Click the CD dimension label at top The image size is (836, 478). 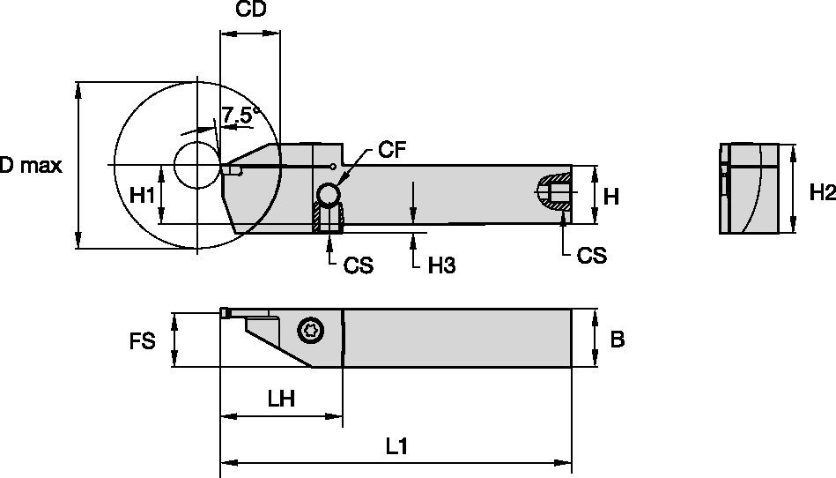point(251,11)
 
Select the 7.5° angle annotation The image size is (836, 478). point(240,115)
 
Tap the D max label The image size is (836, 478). point(31,166)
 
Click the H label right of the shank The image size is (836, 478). point(610,197)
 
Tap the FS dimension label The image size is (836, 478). point(142,340)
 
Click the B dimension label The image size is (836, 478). point(617,340)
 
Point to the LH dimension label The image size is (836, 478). point(280,399)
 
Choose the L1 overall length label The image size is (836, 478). point(396,447)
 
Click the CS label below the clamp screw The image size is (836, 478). point(358,265)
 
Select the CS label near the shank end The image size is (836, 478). point(591,255)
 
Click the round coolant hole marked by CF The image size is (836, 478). point(329,193)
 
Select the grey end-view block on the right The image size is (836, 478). point(749,189)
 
